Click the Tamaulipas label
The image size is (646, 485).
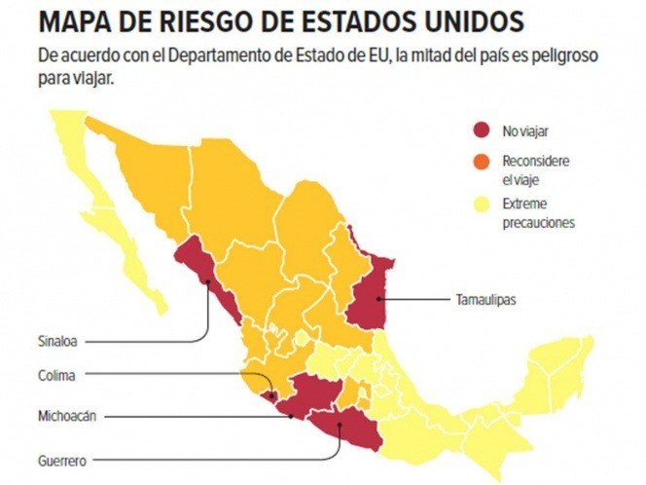click(x=485, y=299)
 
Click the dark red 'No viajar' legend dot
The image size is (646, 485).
click(x=481, y=130)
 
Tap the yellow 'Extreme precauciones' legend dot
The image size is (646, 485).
click(x=481, y=205)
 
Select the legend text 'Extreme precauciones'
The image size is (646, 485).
click(x=538, y=213)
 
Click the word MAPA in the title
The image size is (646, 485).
click(x=76, y=20)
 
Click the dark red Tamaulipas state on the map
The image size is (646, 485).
click(x=370, y=287)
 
